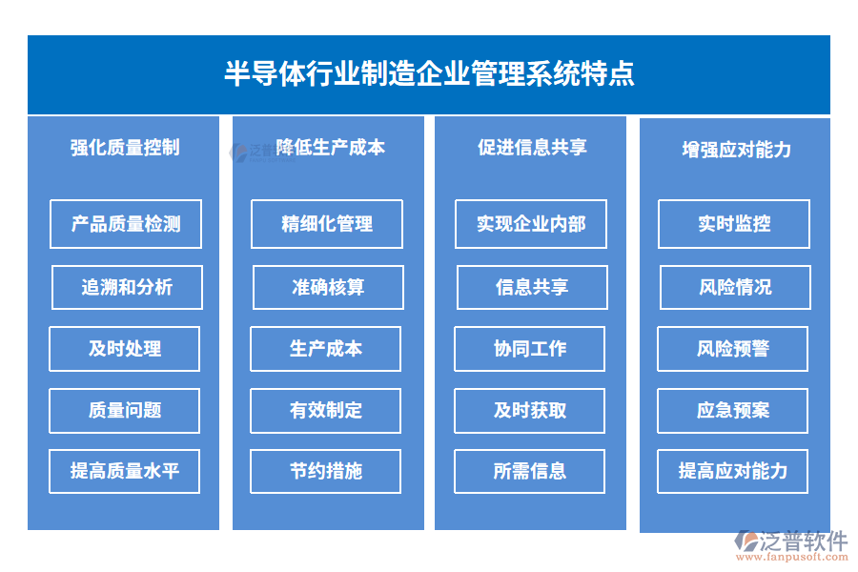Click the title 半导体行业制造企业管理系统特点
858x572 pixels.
click(x=429, y=74)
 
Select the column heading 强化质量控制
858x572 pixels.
click(x=125, y=148)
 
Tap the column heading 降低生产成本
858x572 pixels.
click(x=330, y=148)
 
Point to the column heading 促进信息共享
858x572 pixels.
click(x=532, y=148)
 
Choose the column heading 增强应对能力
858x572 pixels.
click(x=736, y=150)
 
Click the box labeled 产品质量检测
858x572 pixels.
click(x=126, y=224)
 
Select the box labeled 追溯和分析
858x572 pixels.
click(x=127, y=287)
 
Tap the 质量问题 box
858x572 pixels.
click(x=125, y=410)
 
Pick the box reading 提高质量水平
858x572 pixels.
click(x=125, y=471)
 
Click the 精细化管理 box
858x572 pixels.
click(x=327, y=224)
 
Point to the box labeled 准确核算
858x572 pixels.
click(x=328, y=287)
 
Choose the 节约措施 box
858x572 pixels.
click(x=326, y=471)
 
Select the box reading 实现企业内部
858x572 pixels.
click(x=531, y=224)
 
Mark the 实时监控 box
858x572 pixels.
click(x=734, y=224)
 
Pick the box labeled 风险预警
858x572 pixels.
click(x=733, y=349)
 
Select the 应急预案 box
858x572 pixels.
click(x=733, y=410)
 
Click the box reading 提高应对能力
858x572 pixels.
click(x=733, y=471)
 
